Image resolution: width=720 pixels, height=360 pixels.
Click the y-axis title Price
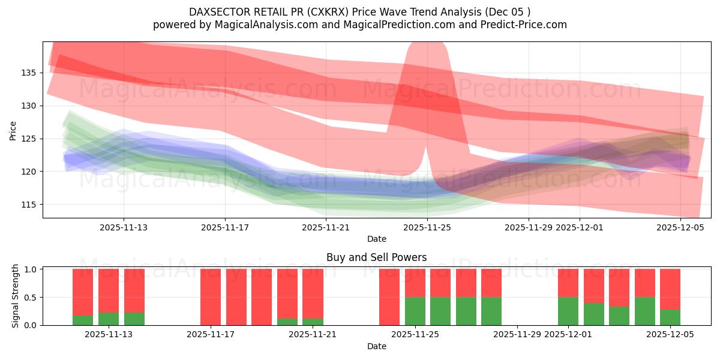[x=13, y=130]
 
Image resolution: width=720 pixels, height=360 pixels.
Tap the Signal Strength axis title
[x=16, y=296]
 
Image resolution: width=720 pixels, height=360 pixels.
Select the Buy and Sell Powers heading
[x=376, y=257]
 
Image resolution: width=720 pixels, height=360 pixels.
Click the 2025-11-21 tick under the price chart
[x=326, y=227]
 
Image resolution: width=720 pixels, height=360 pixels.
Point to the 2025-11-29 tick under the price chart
[x=528, y=227]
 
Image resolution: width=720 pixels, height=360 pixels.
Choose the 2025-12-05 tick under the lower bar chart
[x=670, y=334]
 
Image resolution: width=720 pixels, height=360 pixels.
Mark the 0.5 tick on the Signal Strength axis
[x=30, y=297]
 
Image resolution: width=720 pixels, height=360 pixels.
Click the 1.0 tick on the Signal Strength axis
[x=30, y=269]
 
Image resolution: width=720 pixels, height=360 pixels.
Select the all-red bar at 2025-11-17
[x=211, y=297]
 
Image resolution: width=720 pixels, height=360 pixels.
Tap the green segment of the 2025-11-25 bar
[x=415, y=311]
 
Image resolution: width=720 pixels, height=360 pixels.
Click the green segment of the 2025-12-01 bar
[x=568, y=311]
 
